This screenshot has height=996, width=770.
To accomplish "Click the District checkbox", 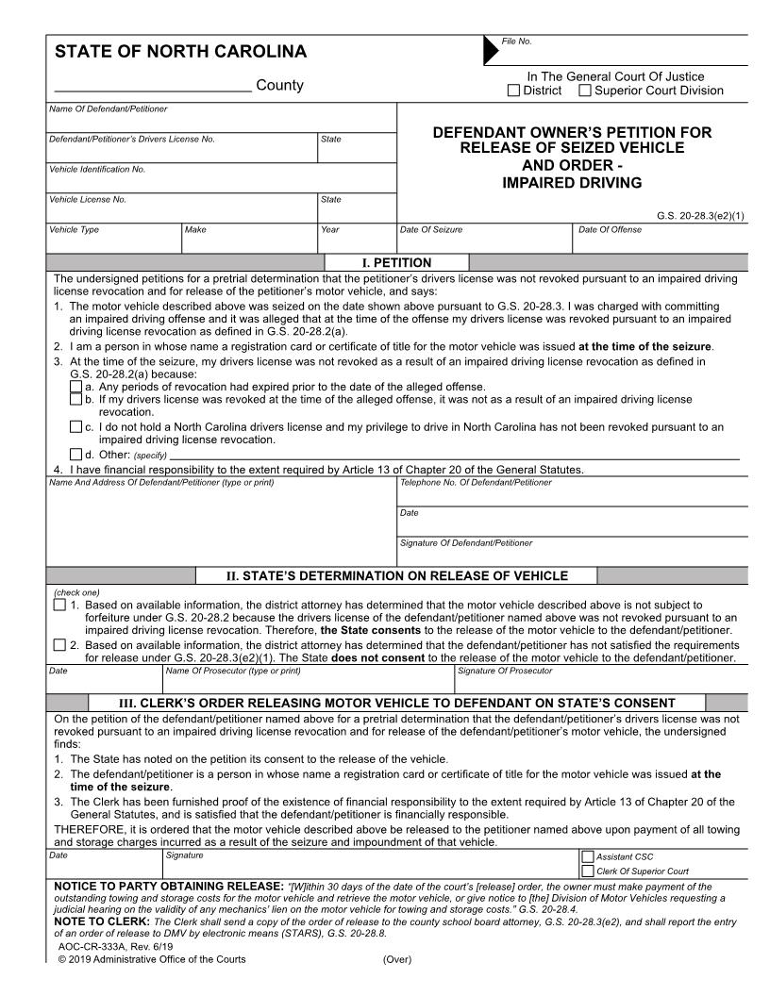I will point(513,91).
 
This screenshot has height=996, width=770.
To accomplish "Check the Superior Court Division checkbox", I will point(585,91).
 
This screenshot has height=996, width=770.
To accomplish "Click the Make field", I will point(249,241).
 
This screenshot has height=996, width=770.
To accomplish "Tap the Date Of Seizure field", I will point(484,241).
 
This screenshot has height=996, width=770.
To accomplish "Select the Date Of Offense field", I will point(660,241).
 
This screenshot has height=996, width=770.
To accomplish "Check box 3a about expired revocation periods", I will point(76,387).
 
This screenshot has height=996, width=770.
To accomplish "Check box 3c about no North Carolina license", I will point(76,427).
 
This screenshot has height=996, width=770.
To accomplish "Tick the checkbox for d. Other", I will point(76,455).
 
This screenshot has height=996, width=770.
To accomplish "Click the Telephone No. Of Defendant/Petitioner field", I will point(573,494).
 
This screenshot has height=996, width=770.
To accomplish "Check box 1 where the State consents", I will point(60,605).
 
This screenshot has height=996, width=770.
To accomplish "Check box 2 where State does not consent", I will point(60,645).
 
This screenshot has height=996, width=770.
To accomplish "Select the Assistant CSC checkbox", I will point(588,856).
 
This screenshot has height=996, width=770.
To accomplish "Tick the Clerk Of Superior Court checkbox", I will point(588,871).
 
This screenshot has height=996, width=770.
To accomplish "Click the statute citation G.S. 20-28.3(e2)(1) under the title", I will point(700,215).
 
